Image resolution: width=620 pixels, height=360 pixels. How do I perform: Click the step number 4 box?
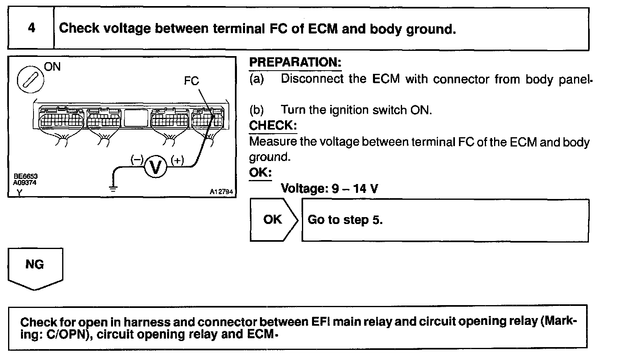coord(31,28)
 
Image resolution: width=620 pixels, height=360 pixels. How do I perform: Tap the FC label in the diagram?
coord(191,81)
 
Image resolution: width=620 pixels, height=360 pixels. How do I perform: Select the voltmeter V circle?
coord(155,167)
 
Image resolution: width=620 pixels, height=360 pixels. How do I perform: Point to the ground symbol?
coord(113,187)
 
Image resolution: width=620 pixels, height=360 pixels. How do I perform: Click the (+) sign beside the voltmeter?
coord(177,160)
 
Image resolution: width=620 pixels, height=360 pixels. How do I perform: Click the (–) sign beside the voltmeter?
coord(136,160)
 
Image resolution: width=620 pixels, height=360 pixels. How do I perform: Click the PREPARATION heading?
coord(295,63)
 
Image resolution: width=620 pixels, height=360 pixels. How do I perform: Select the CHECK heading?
coord(273,126)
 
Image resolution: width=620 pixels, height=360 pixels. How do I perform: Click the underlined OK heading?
coord(260,172)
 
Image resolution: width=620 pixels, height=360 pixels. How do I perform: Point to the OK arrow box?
coord(274,220)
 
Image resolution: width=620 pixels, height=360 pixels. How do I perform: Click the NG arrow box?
coord(35,267)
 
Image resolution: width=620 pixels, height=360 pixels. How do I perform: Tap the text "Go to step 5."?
coord(345,220)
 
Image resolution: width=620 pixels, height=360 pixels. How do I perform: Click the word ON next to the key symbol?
coord(52,67)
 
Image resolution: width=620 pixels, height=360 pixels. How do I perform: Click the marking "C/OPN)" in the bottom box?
coord(66,335)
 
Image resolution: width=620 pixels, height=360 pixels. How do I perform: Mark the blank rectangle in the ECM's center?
coord(136,118)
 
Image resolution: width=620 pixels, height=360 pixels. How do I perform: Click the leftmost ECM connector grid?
coord(61,119)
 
